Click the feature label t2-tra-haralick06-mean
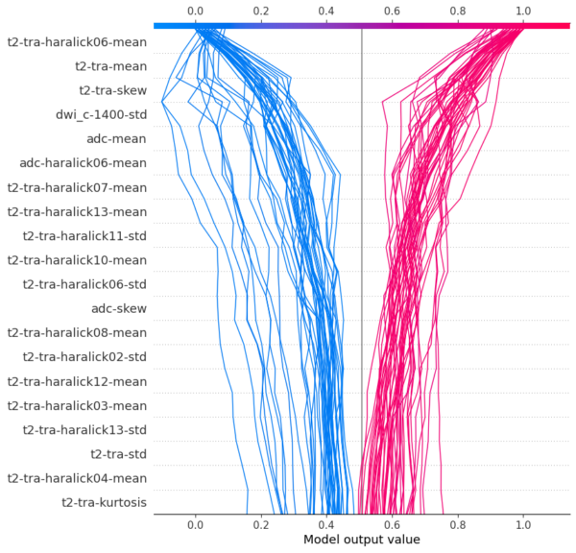coord(77,42)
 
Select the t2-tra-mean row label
coord(110,66)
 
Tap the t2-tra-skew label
coord(112,90)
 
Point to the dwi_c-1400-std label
coord(101,114)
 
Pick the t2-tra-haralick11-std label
coord(84,235)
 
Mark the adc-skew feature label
coord(118,308)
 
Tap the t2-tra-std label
coord(118,453)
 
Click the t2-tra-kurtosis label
coord(104,502)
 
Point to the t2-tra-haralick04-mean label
coord(77,477)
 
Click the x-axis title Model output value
coord(361,541)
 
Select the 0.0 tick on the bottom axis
coord(195,525)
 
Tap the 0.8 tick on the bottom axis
coord(457,525)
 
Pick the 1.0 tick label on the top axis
coord(523,12)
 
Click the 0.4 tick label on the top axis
coord(326,12)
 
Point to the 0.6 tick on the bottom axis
coord(392,525)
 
